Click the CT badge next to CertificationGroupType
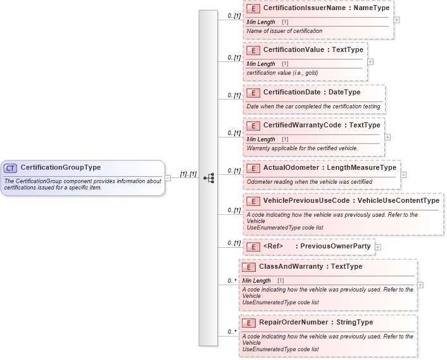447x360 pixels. click(x=10, y=168)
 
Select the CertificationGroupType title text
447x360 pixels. click(x=60, y=168)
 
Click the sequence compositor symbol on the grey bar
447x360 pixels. click(x=208, y=178)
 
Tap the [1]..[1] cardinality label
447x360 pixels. click(x=188, y=174)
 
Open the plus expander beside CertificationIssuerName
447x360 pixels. click(x=396, y=20)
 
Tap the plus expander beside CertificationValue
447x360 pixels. click(x=370, y=62)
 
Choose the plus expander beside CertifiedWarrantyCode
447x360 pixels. click(x=387, y=137)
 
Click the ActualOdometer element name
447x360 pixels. click(x=292, y=168)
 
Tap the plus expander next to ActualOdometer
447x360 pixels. click(x=403, y=174)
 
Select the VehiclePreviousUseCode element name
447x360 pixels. click(x=307, y=201)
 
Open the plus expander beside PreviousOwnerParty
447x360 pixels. click(x=378, y=247)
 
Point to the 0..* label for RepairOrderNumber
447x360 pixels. click(x=232, y=331)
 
